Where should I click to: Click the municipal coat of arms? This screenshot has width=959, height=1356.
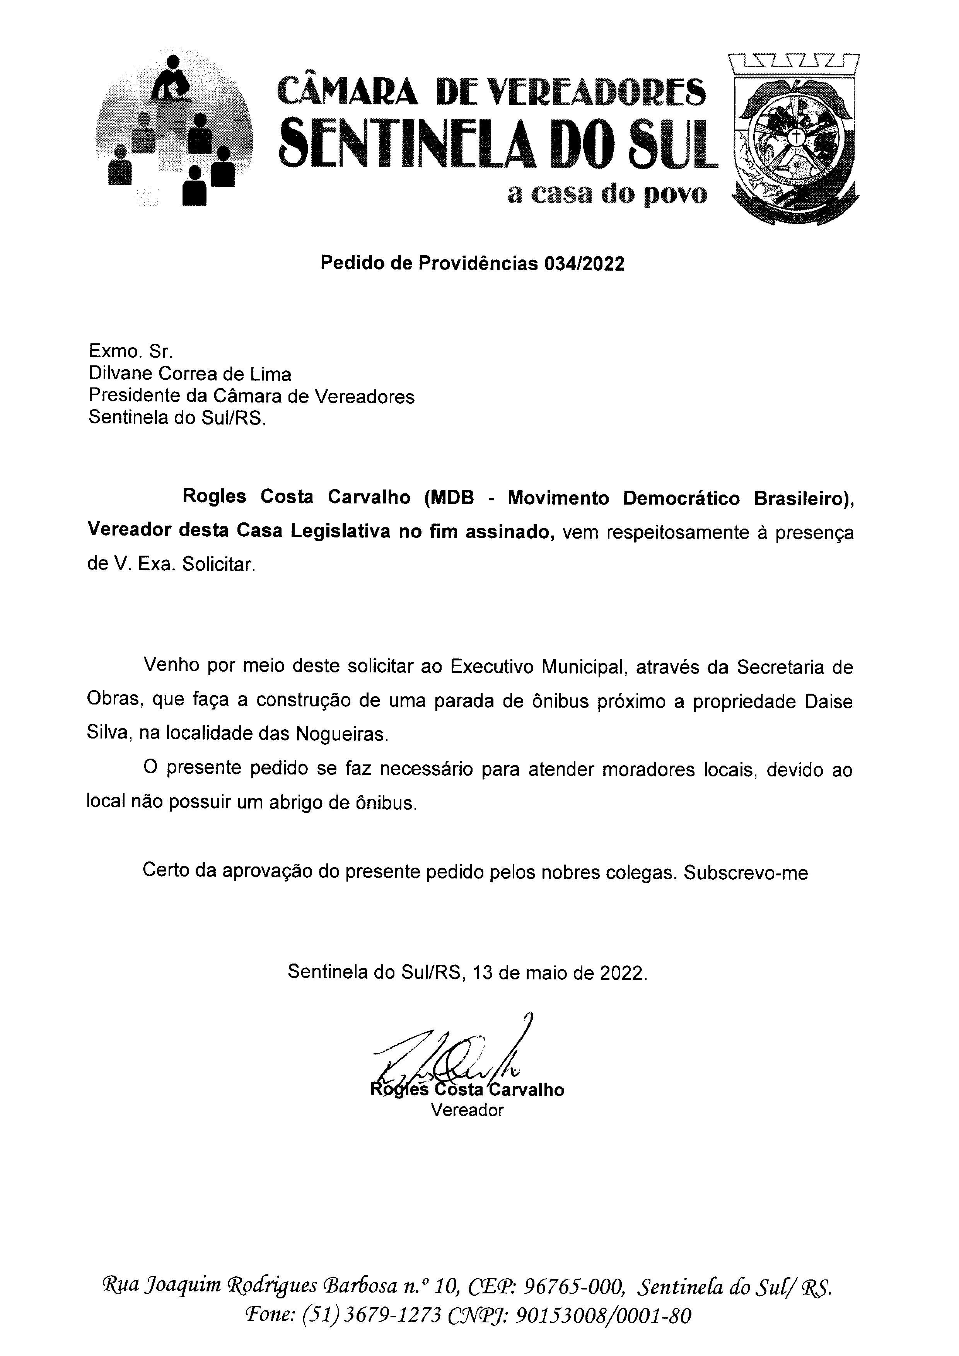tap(794, 139)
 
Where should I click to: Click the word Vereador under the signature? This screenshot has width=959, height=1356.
tap(467, 1110)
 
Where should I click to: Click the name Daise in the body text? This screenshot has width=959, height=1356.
tap(829, 702)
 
